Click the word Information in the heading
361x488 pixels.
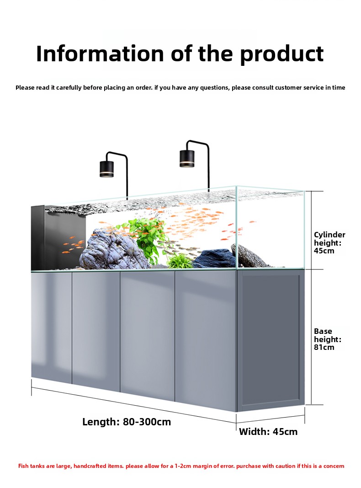(x=100, y=54)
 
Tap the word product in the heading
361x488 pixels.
(x=282, y=55)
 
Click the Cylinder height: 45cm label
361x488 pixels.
(x=329, y=243)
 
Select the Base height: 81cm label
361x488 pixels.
(x=328, y=339)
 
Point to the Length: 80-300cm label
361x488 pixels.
(x=127, y=422)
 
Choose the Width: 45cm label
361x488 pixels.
(x=268, y=432)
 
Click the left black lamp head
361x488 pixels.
(x=106, y=169)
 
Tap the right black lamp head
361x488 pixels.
(x=187, y=158)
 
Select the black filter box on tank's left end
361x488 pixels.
(x=38, y=238)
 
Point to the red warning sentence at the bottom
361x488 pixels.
(x=181, y=466)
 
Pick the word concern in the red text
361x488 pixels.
(x=334, y=466)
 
